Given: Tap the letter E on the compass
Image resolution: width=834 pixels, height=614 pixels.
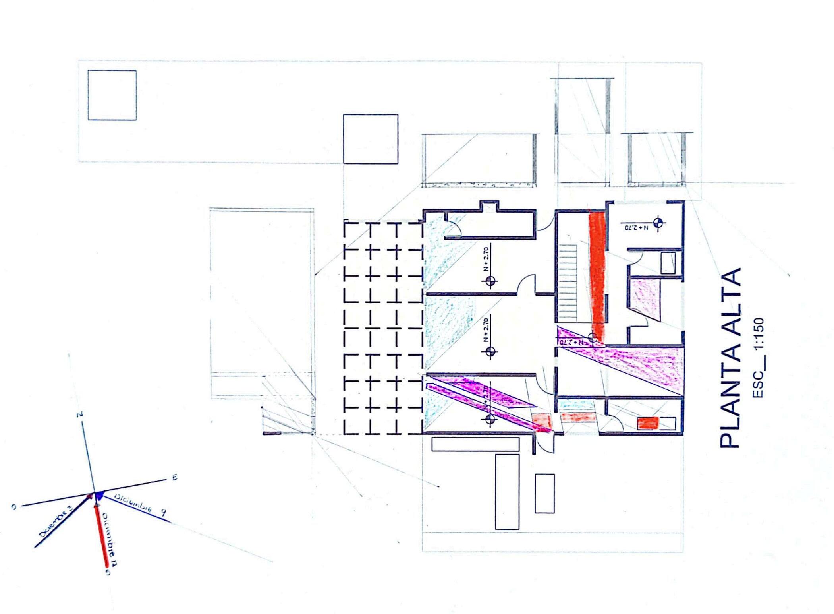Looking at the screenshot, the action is point(174,478).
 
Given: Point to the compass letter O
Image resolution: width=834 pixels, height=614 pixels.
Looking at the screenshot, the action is point(14,507).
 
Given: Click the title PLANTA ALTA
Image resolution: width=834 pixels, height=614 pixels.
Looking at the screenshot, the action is point(731,358).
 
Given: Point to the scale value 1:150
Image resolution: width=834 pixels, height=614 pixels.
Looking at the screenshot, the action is point(758,334).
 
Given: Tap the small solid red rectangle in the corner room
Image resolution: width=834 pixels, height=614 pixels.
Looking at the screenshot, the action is point(648,423).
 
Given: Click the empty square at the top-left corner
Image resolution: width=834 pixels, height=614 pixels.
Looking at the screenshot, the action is point(112,95).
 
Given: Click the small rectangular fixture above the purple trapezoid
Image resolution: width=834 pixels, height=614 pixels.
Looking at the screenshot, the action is point(668,263).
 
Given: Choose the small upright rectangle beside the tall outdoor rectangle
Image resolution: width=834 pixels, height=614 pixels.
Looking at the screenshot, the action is point(544,493).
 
